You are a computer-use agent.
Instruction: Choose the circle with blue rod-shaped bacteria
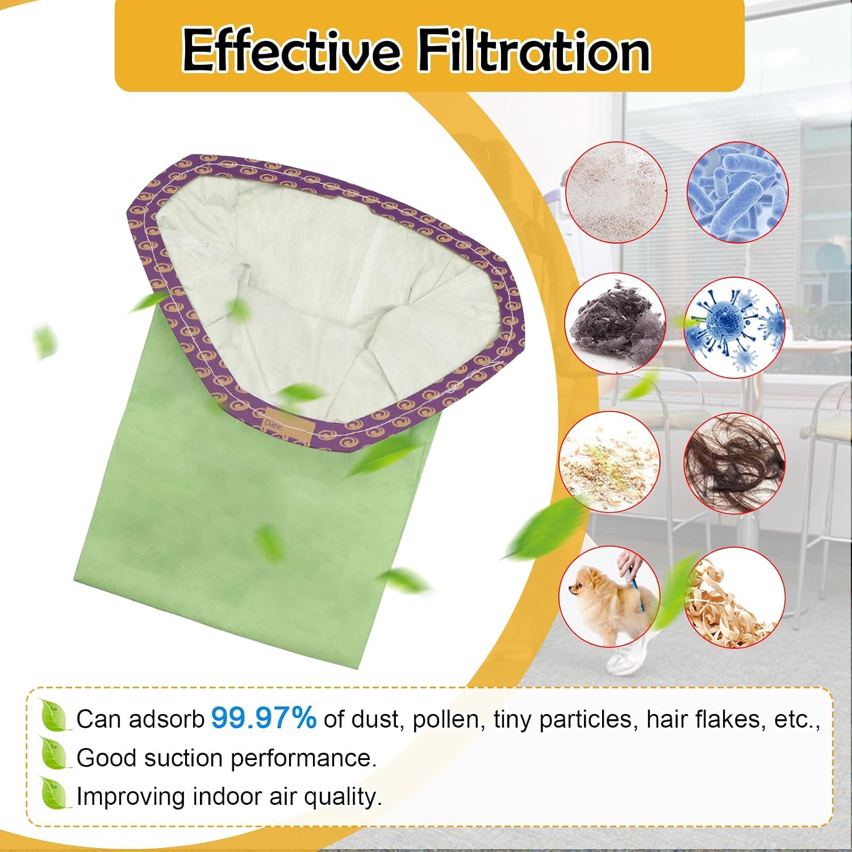point(738,192)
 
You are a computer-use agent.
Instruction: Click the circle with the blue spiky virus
point(734,328)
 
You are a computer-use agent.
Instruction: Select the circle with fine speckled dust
point(617,192)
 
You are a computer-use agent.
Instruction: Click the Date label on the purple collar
point(273,424)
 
